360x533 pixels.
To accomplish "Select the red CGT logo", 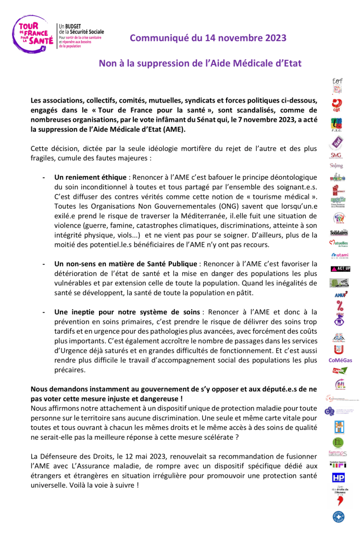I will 338,106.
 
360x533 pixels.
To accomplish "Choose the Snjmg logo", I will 338,166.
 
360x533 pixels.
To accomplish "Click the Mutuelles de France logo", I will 339,243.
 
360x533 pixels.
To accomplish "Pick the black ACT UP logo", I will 341,269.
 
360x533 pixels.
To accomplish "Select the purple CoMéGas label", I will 340,360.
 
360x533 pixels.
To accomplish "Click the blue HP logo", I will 338,477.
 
